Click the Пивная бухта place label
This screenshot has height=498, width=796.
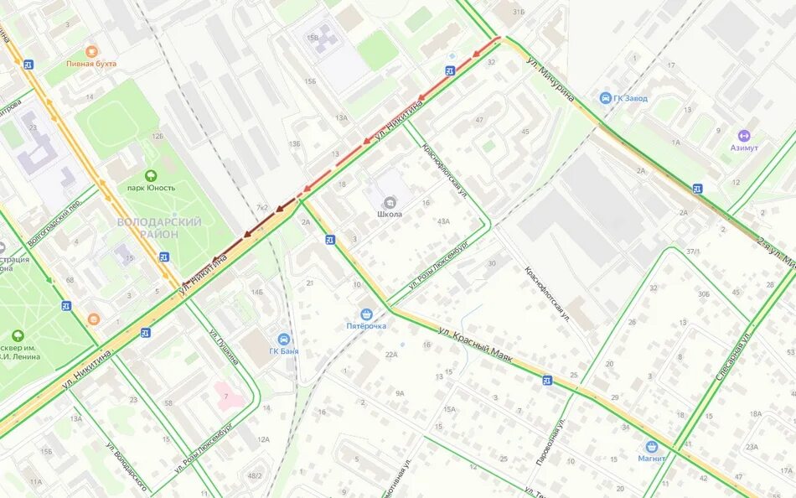click(x=91, y=64)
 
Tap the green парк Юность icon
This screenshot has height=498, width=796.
click(x=150, y=175)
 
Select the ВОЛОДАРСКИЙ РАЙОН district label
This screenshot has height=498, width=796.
click(x=159, y=227)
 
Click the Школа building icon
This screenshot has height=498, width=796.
click(x=389, y=201)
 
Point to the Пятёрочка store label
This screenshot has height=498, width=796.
click(x=366, y=326)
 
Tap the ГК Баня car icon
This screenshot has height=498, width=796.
click(x=285, y=339)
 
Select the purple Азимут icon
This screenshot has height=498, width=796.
click(x=743, y=135)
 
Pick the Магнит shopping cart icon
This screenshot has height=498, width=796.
click(x=651, y=447)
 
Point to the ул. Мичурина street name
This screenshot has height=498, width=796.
click(x=550, y=80)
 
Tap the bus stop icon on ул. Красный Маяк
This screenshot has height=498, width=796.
click(x=546, y=380)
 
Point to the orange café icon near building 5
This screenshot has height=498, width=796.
click(x=93, y=319)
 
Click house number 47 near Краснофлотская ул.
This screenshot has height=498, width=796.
click(x=479, y=120)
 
